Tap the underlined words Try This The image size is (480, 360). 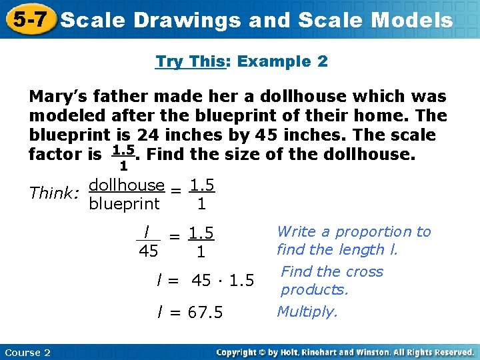pos(189,62)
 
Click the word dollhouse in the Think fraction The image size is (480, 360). pos(127,185)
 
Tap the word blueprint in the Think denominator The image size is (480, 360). pos(124,203)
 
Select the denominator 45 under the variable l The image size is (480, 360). pos(148,251)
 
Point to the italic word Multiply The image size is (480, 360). pos(307,311)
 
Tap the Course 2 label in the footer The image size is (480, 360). pos(27,352)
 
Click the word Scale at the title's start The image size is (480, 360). pos(92,20)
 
